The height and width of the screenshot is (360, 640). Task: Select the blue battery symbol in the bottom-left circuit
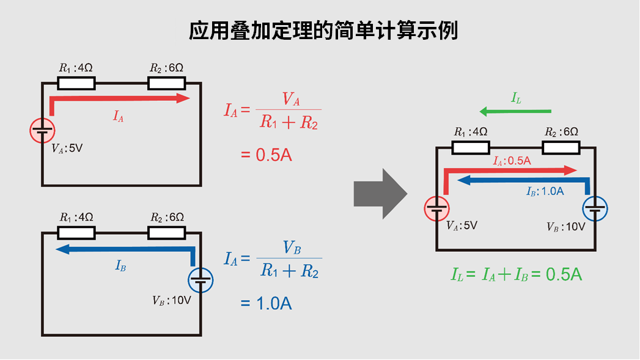(x=200, y=281)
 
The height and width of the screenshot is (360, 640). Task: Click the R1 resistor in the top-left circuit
(x=76, y=83)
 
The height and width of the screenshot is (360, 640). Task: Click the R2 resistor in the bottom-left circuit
(x=167, y=232)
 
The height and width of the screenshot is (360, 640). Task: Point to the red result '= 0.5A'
(x=266, y=154)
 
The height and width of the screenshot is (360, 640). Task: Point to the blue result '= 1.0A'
(x=266, y=303)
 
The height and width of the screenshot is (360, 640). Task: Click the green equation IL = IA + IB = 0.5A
(x=516, y=275)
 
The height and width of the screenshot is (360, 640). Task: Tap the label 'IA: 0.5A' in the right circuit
(x=512, y=160)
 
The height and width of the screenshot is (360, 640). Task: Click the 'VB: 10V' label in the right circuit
(x=565, y=226)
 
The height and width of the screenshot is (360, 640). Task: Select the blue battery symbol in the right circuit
(x=595, y=208)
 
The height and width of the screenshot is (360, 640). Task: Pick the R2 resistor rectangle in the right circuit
(x=561, y=147)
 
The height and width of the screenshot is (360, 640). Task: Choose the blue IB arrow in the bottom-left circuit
(x=122, y=249)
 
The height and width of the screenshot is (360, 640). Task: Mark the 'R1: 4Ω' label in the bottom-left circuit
(x=76, y=217)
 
